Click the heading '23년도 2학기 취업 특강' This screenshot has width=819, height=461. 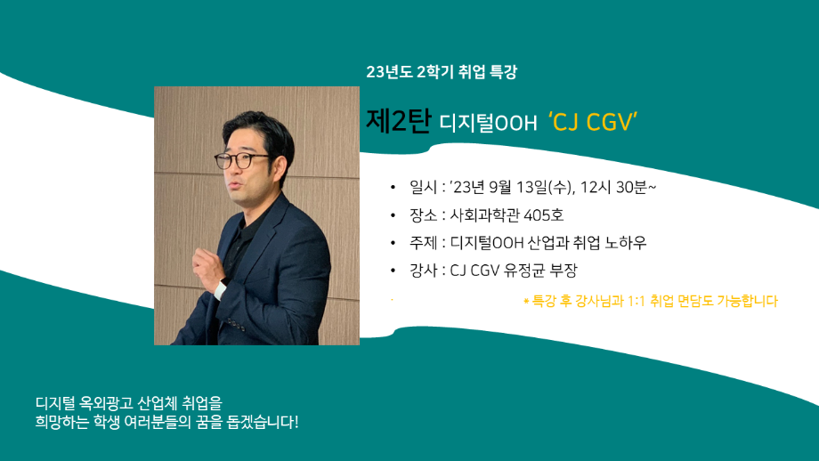tap(441, 72)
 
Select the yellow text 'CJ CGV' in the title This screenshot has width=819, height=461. tap(596, 123)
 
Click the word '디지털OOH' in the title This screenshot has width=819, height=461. tap(488, 124)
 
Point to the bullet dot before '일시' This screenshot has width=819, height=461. tap(393, 188)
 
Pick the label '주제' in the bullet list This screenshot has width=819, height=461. tap(422, 242)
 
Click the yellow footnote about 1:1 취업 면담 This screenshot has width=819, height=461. tap(650, 302)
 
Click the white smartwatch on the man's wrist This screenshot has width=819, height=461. tap(219, 290)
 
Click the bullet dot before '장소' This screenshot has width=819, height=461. tap(393, 215)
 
